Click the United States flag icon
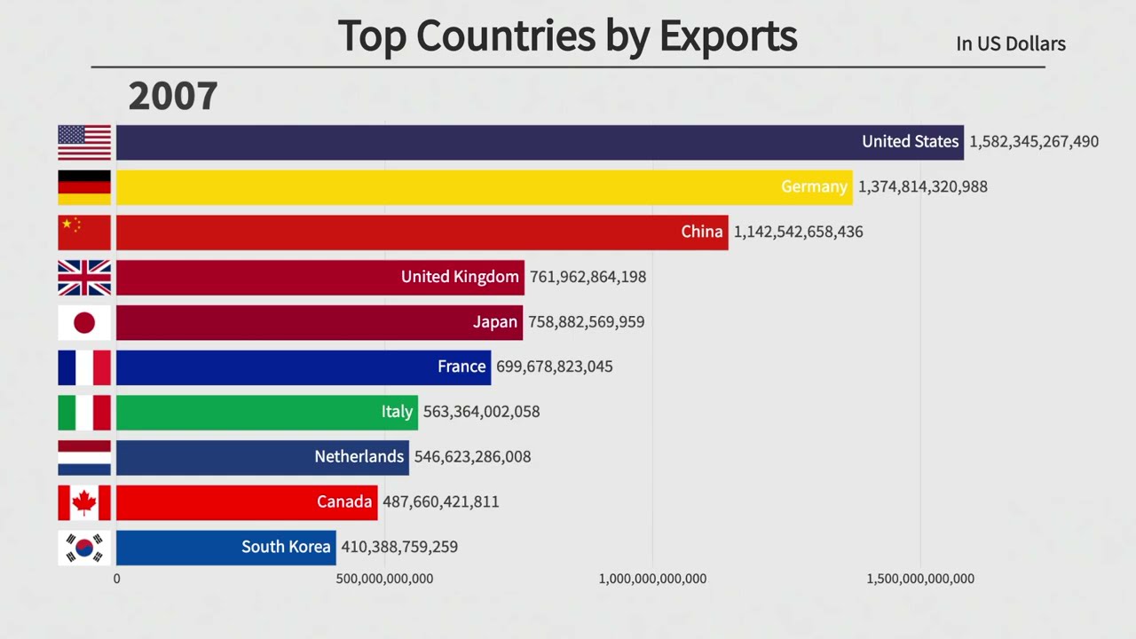tap(84, 142)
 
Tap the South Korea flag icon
tap(84, 548)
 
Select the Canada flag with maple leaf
tap(84, 502)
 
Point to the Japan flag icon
tap(84, 322)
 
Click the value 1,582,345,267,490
tap(1034, 142)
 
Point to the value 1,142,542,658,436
tap(798, 232)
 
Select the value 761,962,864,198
tap(588, 277)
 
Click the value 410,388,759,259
tap(399, 547)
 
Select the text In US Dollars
tap(1011, 43)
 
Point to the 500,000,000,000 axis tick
tap(384, 579)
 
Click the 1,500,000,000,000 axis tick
tap(920, 579)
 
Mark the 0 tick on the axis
tap(116, 579)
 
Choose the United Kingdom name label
tap(460, 277)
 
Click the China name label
tap(702, 232)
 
